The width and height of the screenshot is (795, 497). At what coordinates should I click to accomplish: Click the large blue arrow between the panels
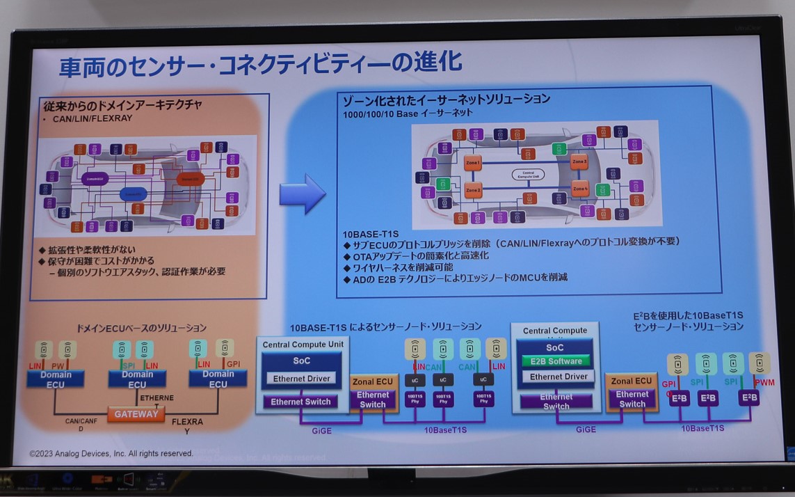(303, 194)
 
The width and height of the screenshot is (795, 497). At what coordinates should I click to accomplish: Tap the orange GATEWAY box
(136, 414)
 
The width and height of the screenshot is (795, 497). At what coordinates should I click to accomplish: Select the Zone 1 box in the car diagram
(473, 163)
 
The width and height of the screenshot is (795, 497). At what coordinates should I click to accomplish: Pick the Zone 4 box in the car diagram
(580, 188)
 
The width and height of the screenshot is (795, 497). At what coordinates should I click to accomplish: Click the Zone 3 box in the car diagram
(579, 162)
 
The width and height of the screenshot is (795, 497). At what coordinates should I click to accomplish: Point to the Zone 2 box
(473, 189)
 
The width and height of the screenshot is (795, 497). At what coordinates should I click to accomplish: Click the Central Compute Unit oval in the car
(528, 175)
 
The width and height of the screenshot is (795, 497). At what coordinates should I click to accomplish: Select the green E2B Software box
(556, 361)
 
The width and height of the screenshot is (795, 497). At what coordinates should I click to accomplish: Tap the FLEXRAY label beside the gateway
(187, 422)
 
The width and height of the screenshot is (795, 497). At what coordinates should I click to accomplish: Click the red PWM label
(764, 383)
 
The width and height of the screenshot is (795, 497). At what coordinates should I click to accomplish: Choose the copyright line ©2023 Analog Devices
(111, 453)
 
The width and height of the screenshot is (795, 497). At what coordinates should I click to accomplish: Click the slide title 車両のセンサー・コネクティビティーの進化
(260, 65)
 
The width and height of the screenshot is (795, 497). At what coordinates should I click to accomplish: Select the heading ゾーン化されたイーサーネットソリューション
(447, 99)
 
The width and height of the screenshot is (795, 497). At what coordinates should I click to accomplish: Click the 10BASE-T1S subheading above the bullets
(371, 235)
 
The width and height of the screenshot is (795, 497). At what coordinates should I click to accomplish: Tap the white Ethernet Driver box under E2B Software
(559, 377)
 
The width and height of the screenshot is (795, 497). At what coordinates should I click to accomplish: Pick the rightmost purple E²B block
(748, 398)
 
